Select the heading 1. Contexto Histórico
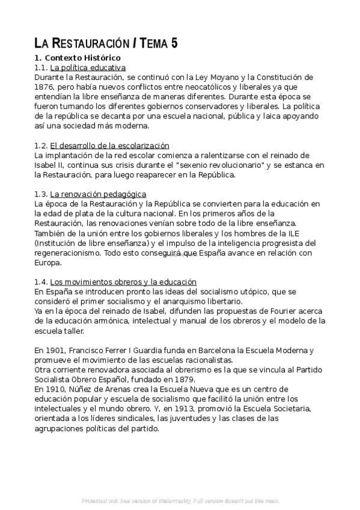point(78,58)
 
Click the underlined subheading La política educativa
point(88,67)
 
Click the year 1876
point(45,87)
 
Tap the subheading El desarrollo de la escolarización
point(109,146)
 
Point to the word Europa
point(48,263)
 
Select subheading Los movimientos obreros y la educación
point(123,281)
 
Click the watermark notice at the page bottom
point(180,500)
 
